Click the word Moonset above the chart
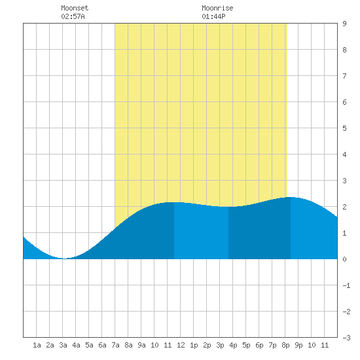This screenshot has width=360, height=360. coord(75,8)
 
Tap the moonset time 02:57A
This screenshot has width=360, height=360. coord(73,16)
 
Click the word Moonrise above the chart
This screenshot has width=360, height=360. coord(217,8)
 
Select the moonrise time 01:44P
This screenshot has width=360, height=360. coord(213,16)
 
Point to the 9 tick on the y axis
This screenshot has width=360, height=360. coord(344,24)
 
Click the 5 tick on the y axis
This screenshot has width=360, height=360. coord(344,128)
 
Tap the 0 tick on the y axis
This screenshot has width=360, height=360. coord(344,259)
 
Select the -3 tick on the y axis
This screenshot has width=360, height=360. coord(346,338)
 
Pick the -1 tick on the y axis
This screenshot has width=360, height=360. coord(346,285)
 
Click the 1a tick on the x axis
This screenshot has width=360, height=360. coord(37,345)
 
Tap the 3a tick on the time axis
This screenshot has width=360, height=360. coord(63,345)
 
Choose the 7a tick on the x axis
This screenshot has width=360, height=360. coord(115,345)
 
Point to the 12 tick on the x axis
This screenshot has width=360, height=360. coord(181,345)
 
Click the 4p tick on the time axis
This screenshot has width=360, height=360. coord(233,345)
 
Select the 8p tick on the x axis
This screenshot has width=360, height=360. coord(285,345)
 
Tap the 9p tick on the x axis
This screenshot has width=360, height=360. coord(298,345)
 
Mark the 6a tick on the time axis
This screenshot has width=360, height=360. coord(102,345)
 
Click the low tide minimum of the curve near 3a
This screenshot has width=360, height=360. coord(64,259)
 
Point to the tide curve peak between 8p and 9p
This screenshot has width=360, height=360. coord(291,197)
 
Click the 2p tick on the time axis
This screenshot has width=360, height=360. coord(207,345)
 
